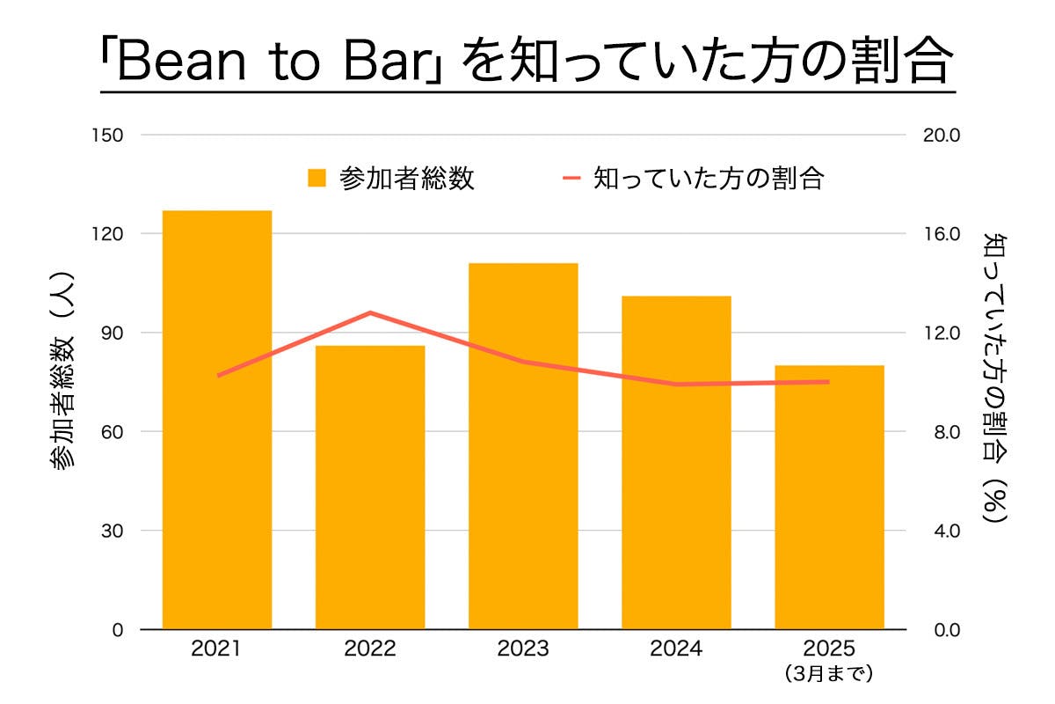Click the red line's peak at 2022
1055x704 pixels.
coord(370,312)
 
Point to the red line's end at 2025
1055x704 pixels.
coord(828,381)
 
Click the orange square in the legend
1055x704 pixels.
coord(316,179)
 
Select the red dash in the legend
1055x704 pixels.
coord(572,179)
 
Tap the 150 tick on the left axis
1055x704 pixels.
coord(113,136)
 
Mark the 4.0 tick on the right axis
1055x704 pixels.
coord(939,531)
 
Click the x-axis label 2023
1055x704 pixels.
coord(523,649)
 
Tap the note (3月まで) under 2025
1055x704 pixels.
coord(829,675)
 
